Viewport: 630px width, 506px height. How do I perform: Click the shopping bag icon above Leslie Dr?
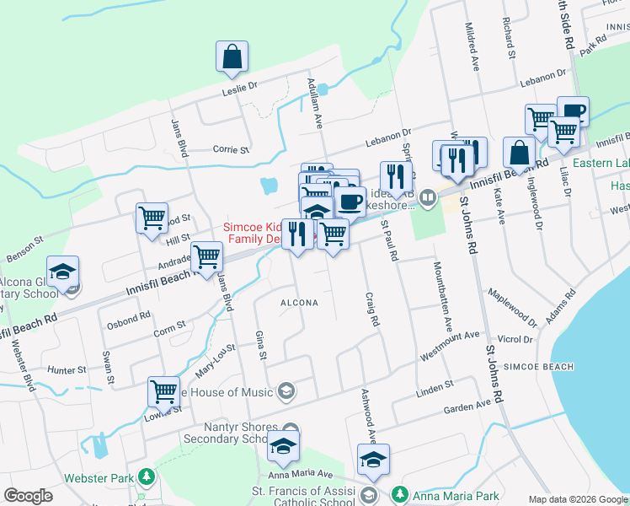(x=232, y=57)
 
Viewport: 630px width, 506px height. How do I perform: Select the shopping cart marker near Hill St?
(x=152, y=218)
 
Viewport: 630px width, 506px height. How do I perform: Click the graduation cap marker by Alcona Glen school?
(x=63, y=272)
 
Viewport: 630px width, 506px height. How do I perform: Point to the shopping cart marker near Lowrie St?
(x=163, y=392)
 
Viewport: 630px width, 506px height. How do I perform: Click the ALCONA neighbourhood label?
(x=299, y=302)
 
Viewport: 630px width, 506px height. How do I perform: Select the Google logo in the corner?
(x=28, y=496)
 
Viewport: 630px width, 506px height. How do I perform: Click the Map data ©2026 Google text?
(x=577, y=499)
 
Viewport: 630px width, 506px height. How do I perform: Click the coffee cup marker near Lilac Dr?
(x=573, y=111)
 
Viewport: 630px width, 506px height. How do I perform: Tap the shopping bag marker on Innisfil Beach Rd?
(x=519, y=153)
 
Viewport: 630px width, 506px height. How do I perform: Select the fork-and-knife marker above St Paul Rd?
(x=396, y=177)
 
